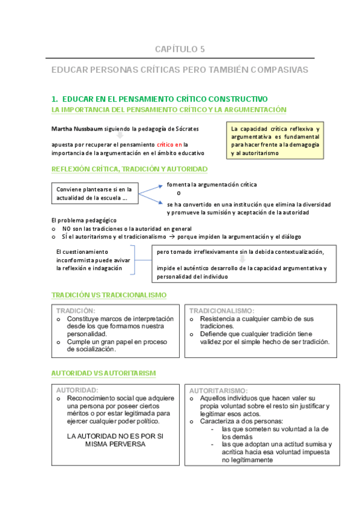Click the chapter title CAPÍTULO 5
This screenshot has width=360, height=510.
pos(180,49)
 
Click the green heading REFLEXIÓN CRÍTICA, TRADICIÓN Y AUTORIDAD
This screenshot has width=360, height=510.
pos(129,169)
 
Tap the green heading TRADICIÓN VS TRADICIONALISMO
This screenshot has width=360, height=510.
pos(109,295)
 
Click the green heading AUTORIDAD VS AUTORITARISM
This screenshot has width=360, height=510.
pos(103,373)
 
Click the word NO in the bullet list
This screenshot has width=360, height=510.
pos(66,229)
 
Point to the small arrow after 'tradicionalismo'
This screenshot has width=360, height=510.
pos(170,237)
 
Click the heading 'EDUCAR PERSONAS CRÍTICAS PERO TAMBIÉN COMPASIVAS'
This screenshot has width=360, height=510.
pos(180,70)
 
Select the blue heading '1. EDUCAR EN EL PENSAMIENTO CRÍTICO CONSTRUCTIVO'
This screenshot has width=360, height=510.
pos(159,99)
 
